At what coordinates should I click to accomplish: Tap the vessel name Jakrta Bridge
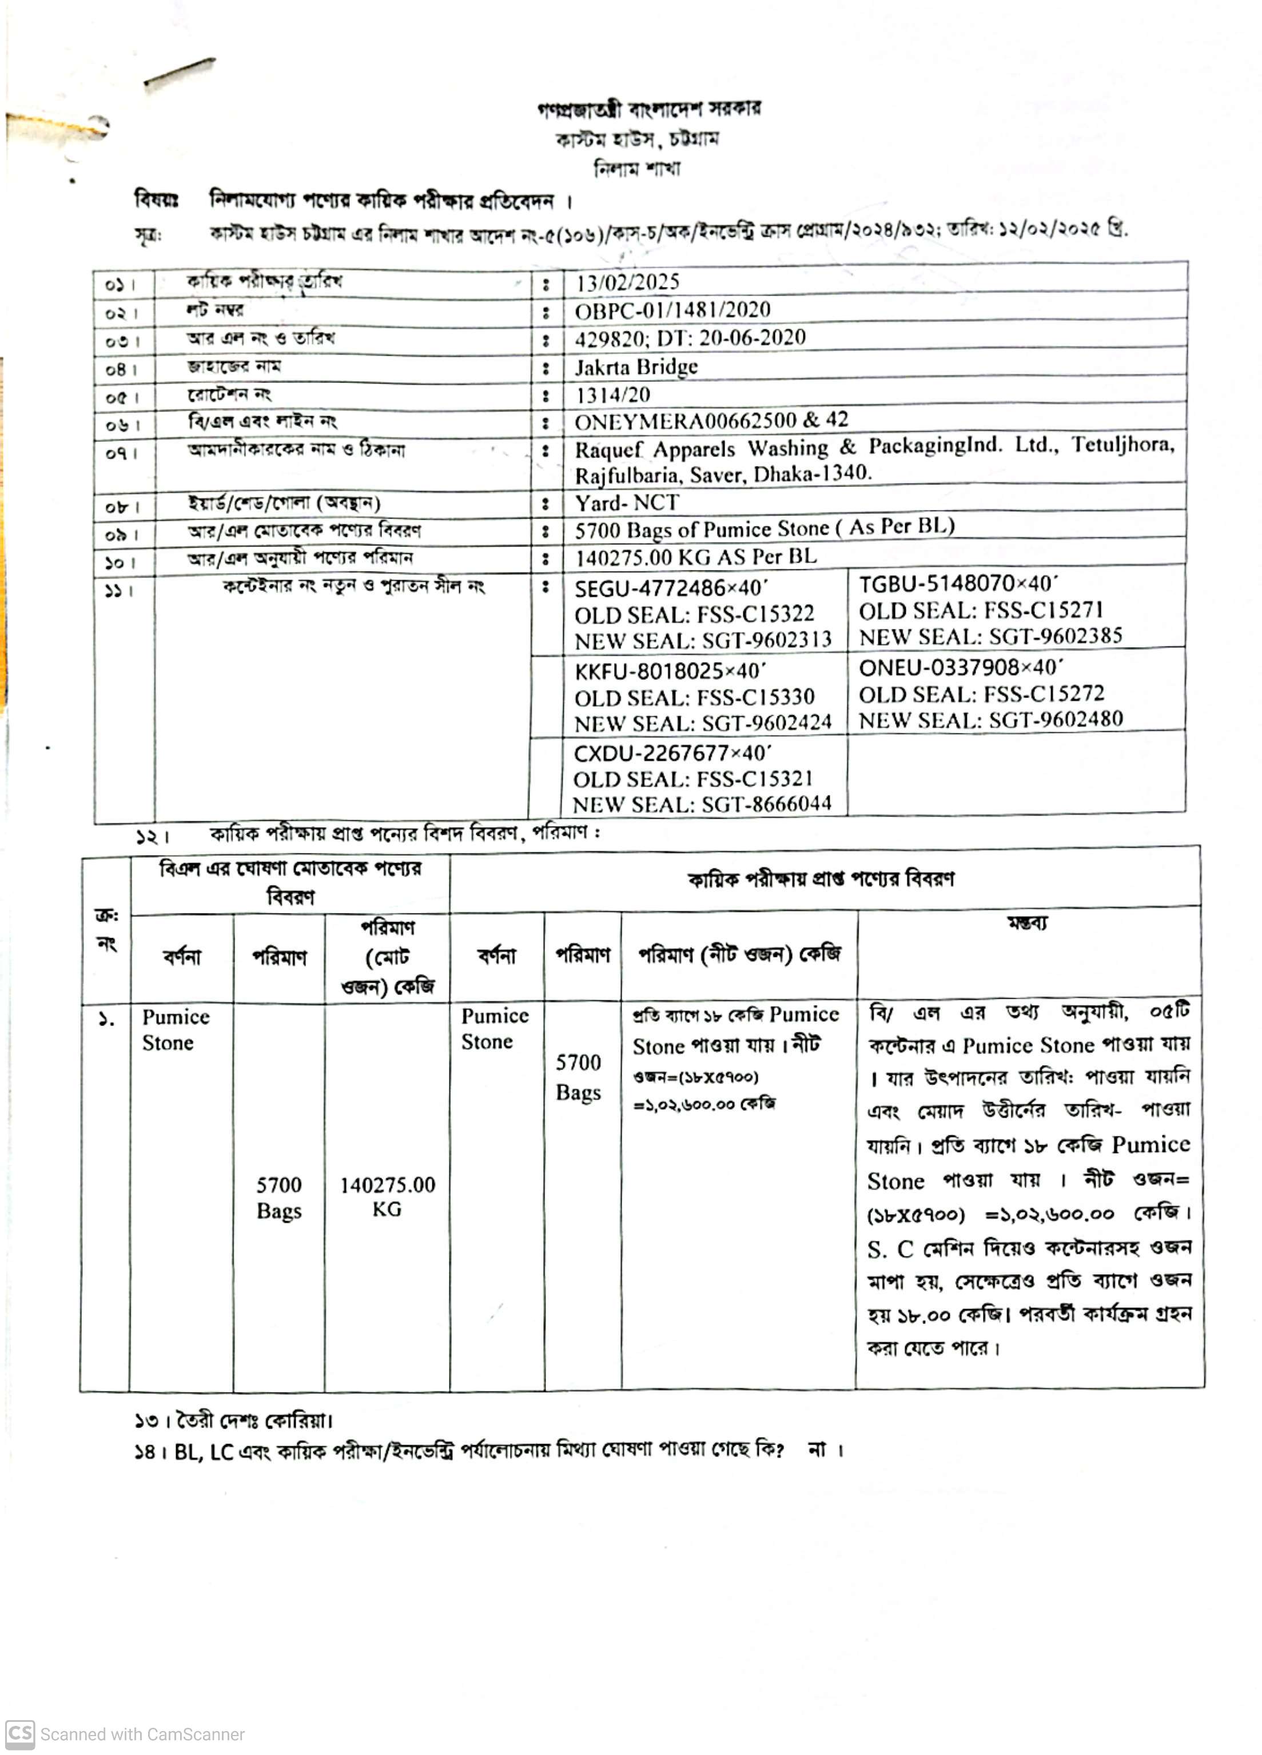click(x=636, y=367)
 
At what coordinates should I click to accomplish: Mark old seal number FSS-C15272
click(x=1045, y=693)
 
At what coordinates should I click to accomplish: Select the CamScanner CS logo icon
click(x=20, y=1733)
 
